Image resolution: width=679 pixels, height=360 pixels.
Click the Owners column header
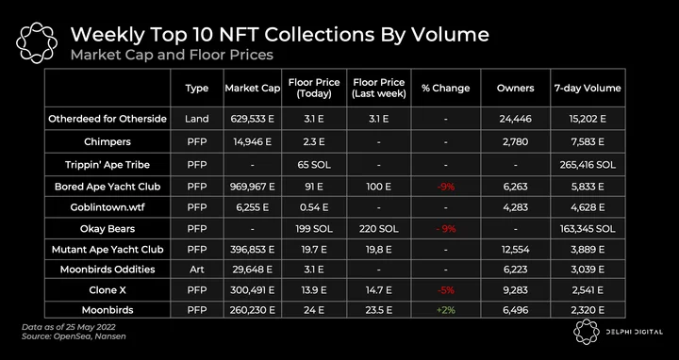[515, 88]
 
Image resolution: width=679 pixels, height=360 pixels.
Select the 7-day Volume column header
[588, 88]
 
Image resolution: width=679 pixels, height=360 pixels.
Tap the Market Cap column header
[253, 89]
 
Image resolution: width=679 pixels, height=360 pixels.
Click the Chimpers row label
[108, 141]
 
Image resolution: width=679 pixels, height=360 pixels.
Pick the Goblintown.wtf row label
[108, 207]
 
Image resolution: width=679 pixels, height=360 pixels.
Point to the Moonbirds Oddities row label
[108, 270]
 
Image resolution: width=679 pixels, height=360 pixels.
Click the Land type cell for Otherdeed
[196, 119]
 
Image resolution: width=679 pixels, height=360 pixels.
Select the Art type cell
[196, 270]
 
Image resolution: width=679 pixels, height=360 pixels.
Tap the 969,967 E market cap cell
[253, 187]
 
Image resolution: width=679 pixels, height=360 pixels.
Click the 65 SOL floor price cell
[314, 165]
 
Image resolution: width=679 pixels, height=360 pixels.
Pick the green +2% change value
[445, 310]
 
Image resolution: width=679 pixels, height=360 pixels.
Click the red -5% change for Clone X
[445, 290]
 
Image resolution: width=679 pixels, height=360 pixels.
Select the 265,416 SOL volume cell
[588, 165]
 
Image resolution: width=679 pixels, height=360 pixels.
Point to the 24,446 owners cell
[515, 119]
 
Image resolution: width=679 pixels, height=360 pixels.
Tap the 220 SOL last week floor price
[378, 228]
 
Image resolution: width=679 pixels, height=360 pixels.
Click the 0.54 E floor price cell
[314, 207]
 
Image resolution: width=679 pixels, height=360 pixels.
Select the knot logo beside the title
[37, 42]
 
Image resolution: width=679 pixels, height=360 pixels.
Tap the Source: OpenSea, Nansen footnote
[74, 336]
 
